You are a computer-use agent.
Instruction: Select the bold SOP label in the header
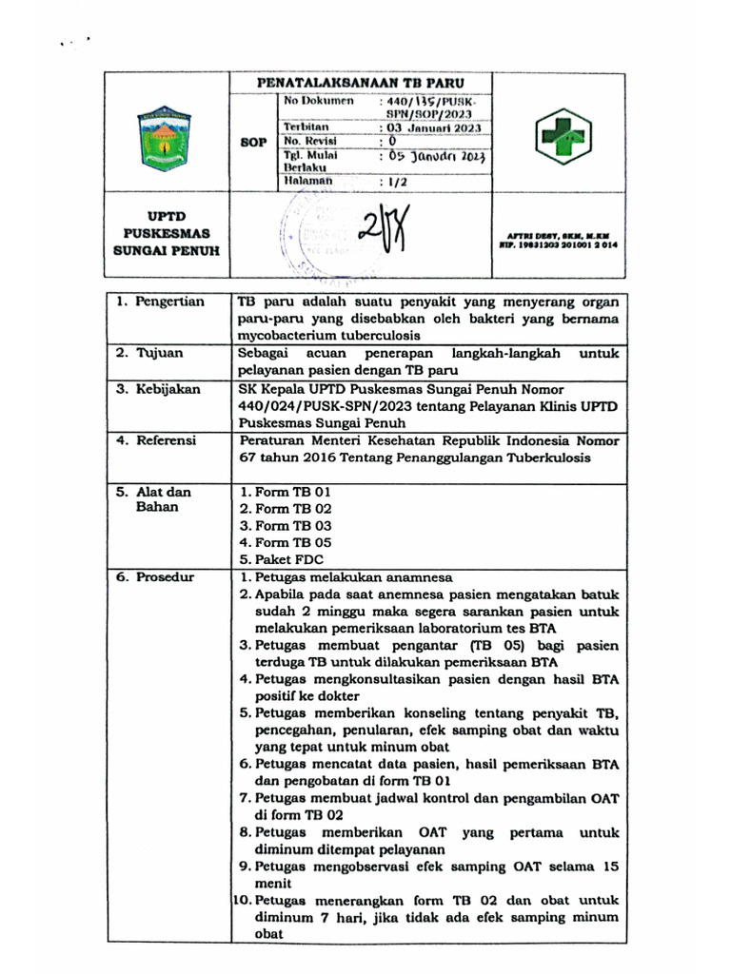[x=253, y=142]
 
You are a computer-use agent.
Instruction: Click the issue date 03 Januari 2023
[x=432, y=127]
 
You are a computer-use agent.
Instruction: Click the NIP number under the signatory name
[x=562, y=244]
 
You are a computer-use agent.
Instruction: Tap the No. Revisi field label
[x=306, y=142]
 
